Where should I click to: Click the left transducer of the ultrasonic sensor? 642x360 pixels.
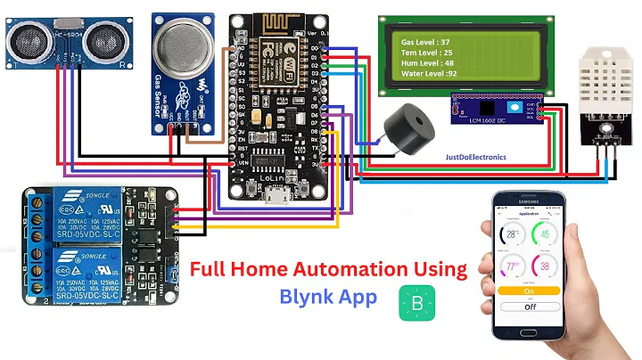click(x=25, y=37)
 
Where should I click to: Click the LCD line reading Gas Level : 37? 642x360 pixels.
click(x=425, y=42)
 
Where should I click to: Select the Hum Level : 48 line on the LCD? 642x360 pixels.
click(x=425, y=64)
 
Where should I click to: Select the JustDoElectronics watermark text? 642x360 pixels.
click(x=475, y=157)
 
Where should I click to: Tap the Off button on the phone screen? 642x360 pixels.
click(x=529, y=306)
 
